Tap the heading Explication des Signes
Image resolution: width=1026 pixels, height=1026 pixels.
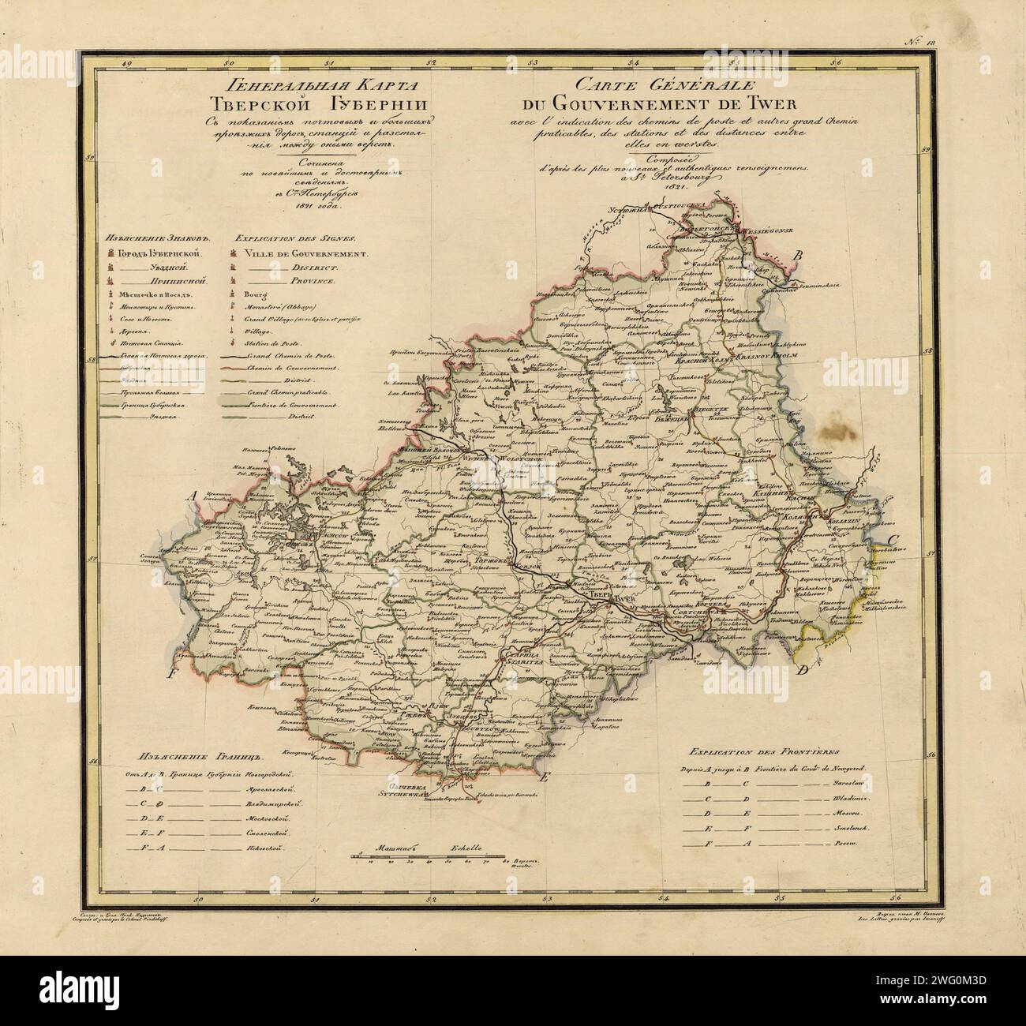point(294,236)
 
